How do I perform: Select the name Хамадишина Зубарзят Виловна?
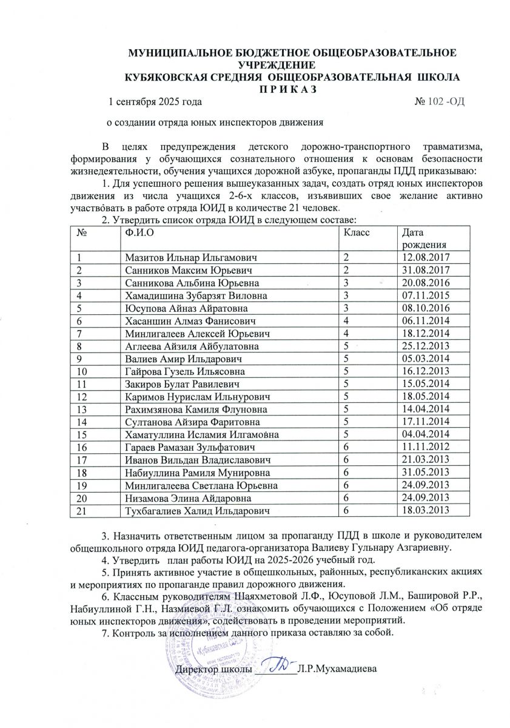(x=196, y=295)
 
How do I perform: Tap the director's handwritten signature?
(x=280, y=667)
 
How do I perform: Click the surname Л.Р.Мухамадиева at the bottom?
(x=337, y=670)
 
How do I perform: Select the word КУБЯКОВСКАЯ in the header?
(x=169, y=78)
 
